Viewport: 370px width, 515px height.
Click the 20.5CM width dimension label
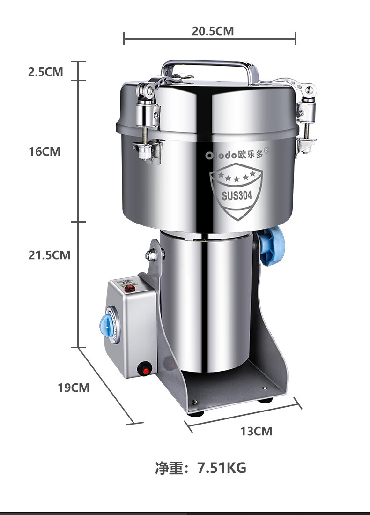pyautogui.click(x=213, y=31)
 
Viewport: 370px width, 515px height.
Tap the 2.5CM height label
pyautogui.click(x=45, y=72)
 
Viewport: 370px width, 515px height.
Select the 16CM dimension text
pyautogui.click(x=44, y=151)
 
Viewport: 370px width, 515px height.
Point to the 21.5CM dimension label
pyautogui.click(x=49, y=255)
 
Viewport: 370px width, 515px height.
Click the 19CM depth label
pyautogui.click(x=74, y=388)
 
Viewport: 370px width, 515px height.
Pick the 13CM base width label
pyautogui.click(x=256, y=431)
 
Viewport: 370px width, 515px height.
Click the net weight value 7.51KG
pyautogui.click(x=222, y=468)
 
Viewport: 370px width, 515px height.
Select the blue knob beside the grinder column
pyautogui.click(x=272, y=246)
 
